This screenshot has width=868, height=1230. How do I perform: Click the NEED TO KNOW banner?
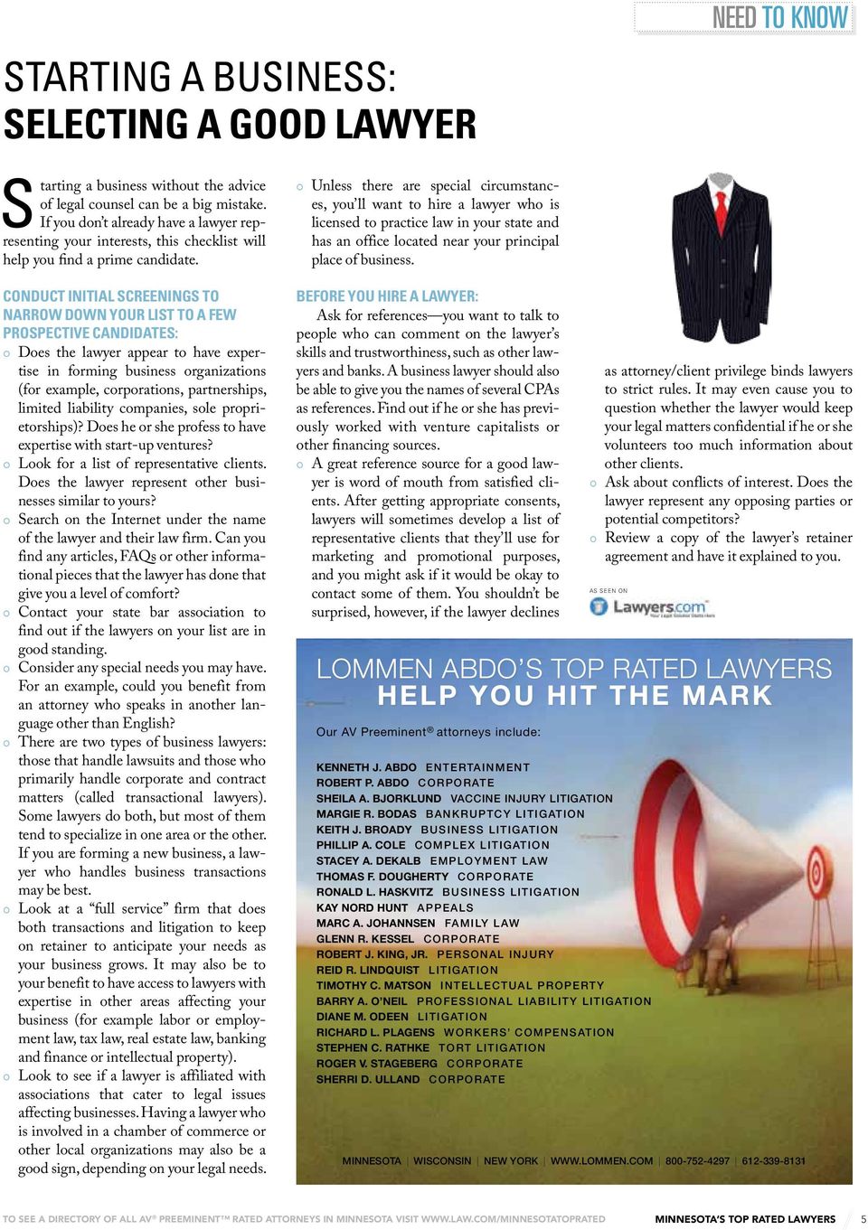pos(779,18)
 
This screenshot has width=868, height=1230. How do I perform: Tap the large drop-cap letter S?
pos(18,204)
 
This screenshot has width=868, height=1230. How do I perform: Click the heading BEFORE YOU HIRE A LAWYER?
pos(387,296)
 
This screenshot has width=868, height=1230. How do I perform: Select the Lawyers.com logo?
pos(651,607)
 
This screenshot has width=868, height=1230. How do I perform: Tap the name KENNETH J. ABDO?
pos(366,767)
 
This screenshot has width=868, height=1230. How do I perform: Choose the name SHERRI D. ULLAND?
pos(368,1079)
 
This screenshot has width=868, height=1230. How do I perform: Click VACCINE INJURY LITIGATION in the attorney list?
pos(532,799)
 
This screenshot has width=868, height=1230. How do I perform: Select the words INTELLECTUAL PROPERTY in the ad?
pos(522,986)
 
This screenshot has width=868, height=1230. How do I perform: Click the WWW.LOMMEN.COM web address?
pos(601,1161)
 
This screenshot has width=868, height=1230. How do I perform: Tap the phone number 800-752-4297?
pos(697,1161)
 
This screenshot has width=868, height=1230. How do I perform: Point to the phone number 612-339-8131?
pos(773,1161)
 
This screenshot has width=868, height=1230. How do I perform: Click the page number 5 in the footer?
pos(863,1219)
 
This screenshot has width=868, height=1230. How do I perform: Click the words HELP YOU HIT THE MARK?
pos(575,696)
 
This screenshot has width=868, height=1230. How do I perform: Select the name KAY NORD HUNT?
pos(362,907)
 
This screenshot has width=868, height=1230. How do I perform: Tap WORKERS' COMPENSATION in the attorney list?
pos(529,1032)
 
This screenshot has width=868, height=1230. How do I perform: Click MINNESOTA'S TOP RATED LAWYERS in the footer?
pos(745,1219)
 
